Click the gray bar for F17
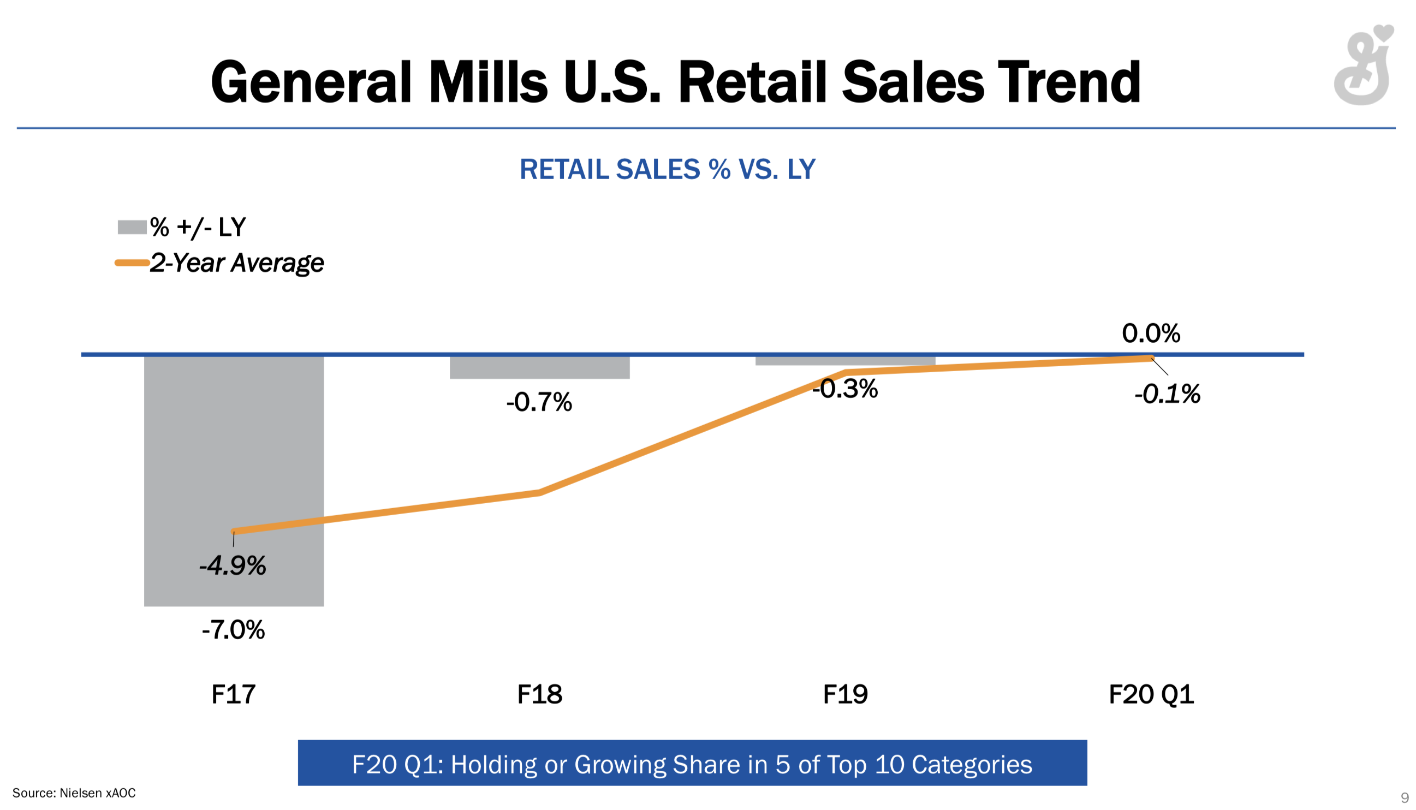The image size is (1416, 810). coord(234,445)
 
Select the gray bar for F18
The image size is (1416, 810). coord(539,368)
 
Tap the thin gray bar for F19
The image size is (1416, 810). coord(844,361)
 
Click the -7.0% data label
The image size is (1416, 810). coord(233,630)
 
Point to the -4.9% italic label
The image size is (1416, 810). coord(233,567)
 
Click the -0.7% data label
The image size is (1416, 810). coord(539,402)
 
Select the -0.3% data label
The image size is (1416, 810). coord(844,389)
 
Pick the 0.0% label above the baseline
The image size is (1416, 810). coord(1151,333)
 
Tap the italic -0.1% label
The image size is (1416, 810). coord(1167,394)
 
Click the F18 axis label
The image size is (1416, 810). coord(539,694)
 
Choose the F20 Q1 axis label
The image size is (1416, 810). coord(1151,694)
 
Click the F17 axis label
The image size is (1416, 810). coord(233,694)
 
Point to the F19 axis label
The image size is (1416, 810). coord(844,694)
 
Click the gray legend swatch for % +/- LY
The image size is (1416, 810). coord(132,227)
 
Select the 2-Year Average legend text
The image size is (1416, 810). coord(236,263)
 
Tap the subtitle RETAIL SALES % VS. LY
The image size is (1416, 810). coord(667,169)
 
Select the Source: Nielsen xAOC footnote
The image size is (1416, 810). coord(74,793)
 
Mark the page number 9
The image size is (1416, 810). coord(1404,797)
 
